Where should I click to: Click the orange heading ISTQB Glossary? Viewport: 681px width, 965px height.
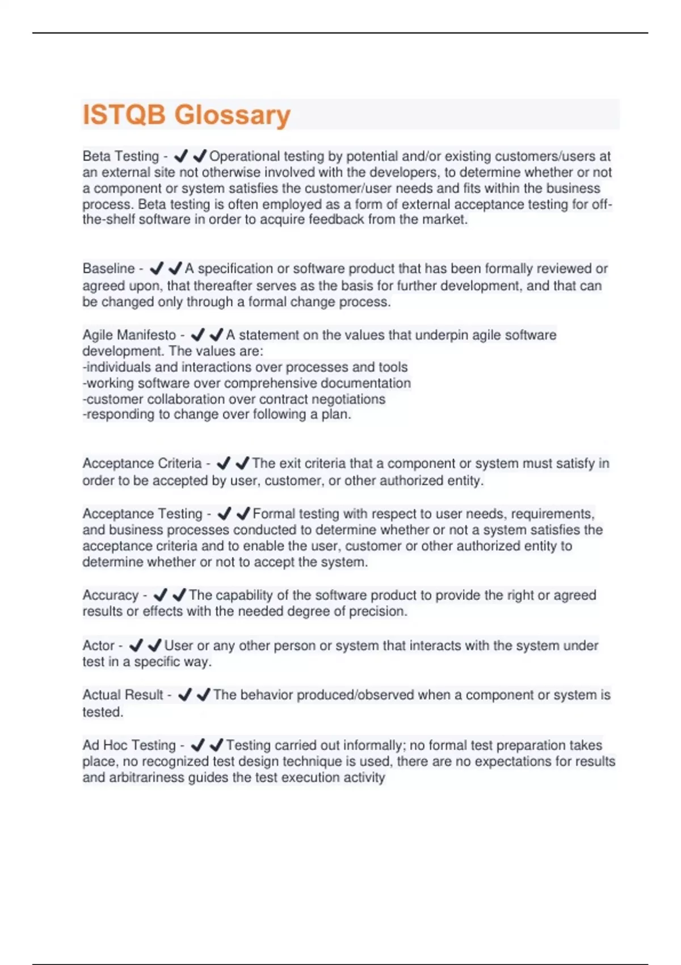186,115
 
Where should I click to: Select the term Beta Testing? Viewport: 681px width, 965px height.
120,156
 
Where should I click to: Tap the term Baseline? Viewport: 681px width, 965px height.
108,268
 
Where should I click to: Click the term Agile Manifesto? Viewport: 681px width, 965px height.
129,335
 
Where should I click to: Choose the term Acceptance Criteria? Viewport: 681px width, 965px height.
142,464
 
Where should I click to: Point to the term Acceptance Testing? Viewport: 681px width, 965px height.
142,514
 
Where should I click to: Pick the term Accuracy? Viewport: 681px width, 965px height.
110,595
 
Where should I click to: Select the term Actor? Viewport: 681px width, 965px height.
98,645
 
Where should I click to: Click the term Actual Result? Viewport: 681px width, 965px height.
123,695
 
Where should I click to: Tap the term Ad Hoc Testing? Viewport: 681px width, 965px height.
129,745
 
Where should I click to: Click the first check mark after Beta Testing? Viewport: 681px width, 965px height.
181,156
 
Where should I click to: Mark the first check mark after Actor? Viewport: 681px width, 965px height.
136,645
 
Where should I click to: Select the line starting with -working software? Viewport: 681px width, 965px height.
246,383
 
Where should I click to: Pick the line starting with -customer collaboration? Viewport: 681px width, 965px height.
234,399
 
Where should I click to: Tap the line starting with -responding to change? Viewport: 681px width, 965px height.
217,414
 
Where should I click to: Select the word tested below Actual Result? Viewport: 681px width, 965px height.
102,712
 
